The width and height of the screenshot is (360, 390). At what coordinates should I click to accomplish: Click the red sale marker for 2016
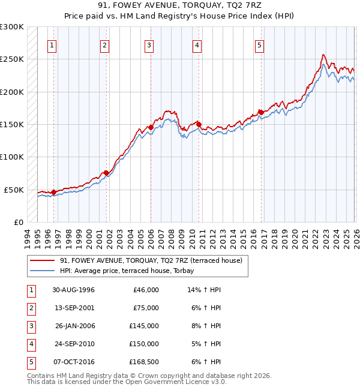tap(262, 112)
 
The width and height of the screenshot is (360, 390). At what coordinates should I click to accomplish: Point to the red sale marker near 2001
tap(106, 173)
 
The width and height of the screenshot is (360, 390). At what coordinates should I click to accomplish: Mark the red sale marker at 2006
tap(151, 128)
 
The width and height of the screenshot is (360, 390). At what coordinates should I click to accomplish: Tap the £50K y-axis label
tap(13, 190)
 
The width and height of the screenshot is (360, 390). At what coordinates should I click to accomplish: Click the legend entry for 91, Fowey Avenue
tap(151, 260)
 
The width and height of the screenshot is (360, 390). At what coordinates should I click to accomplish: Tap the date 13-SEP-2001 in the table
tap(73, 308)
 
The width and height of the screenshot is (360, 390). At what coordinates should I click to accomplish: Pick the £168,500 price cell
tap(144, 362)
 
